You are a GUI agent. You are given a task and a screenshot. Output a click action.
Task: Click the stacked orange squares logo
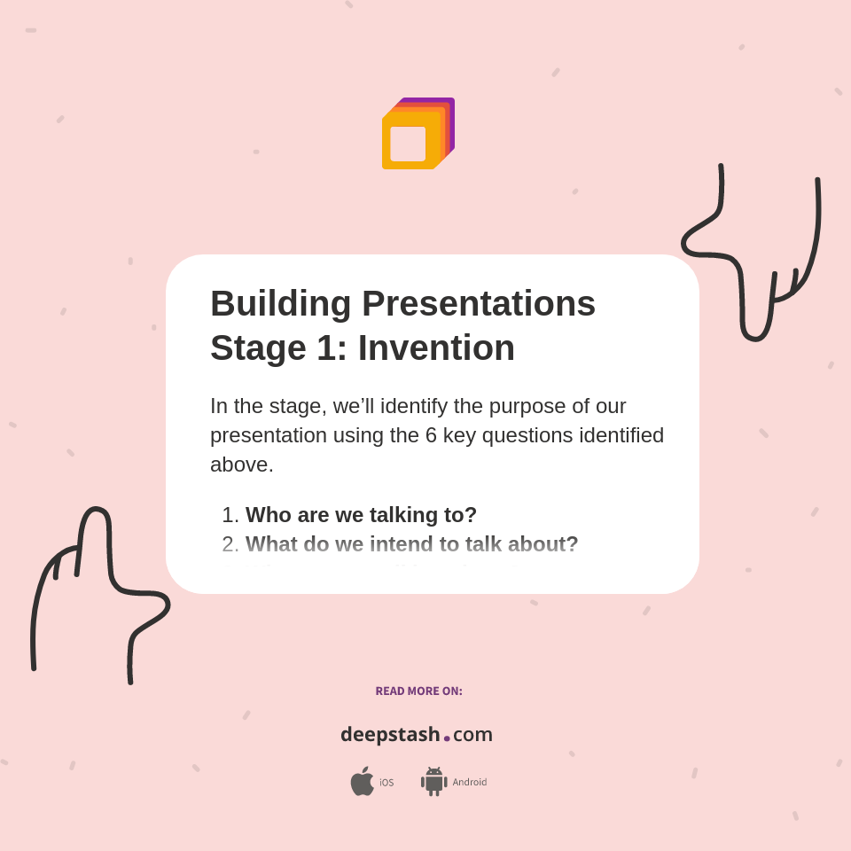tap(417, 134)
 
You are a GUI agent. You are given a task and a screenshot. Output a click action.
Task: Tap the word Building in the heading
tap(280, 303)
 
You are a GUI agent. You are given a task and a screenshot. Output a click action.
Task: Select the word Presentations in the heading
tap(479, 303)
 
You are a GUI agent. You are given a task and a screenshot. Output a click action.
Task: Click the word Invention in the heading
tap(436, 347)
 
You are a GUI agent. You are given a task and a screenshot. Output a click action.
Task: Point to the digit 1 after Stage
tap(326, 347)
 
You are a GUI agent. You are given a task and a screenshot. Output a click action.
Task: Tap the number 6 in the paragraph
tap(432, 435)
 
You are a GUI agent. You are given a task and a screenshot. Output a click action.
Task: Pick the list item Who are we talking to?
tap(361, 515)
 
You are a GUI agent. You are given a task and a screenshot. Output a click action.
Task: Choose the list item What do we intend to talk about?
tap(411, 544)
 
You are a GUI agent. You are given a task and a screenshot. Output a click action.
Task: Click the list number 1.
tap(229, 515)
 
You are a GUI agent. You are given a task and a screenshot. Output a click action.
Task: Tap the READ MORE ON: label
tap(418, 691)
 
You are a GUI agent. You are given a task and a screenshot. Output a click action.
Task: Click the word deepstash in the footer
tap(390, 735)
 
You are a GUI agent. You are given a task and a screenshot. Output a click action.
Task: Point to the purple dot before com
tap(447, 738)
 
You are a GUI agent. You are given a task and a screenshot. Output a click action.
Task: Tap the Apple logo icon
tap(362, 782)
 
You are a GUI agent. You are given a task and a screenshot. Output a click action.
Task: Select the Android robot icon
tap(433, 782)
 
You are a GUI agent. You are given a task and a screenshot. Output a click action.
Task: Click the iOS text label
tap(386, 783)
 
